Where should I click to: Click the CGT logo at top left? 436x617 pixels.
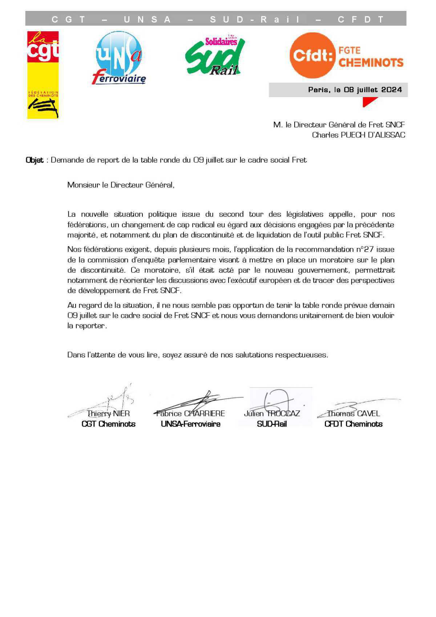(43, 75)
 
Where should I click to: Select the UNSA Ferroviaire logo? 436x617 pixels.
(118, 57)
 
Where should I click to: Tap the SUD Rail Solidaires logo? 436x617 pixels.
(215, 55)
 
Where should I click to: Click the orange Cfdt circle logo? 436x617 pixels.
(312, 56)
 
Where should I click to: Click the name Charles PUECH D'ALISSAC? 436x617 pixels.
(358, 135)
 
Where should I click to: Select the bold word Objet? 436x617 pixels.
(35, 160)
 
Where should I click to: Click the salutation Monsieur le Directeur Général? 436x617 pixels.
(121, 185)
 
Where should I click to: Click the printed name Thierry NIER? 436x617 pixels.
(108, 414)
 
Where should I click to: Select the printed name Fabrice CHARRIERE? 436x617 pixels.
(190, 414)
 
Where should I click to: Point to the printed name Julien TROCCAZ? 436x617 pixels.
(272, 414)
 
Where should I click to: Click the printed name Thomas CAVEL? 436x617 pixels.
(353, 414)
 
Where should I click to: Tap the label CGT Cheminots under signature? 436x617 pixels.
(108, 424)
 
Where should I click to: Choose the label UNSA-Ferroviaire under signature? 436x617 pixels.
(190, 424)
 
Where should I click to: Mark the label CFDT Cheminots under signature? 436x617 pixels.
(353, 424)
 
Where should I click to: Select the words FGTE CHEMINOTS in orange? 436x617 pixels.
(371, 57)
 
